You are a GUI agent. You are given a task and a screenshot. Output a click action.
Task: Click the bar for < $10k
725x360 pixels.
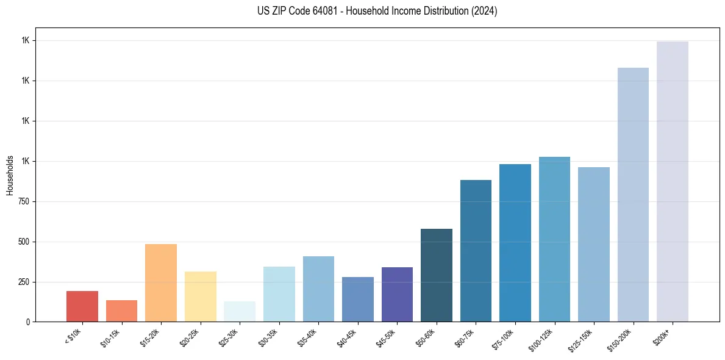[82, 306]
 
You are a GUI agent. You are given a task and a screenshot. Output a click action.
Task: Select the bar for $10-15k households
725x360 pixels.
[121, 311]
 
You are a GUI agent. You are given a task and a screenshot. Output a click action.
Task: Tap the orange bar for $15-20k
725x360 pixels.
[161, 283]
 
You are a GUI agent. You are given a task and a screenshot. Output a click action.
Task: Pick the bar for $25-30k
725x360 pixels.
[240, 311]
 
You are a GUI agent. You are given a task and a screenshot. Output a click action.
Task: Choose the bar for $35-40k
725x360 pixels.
[318, 289]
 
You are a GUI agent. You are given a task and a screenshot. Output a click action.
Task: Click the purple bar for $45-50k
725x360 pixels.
[397, 294]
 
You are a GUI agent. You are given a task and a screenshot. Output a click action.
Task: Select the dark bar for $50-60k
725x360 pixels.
[437, 275]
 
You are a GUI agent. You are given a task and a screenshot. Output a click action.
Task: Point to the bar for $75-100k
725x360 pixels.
[515, 243]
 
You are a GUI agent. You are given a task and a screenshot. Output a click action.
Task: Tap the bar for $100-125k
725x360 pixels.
[554, 239]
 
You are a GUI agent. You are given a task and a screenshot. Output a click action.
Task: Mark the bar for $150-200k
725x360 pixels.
[633, 195]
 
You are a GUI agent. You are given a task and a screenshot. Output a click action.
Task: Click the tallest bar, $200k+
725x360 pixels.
[673, 181]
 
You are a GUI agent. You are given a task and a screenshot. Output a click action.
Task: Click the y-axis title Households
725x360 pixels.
[10, 175]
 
